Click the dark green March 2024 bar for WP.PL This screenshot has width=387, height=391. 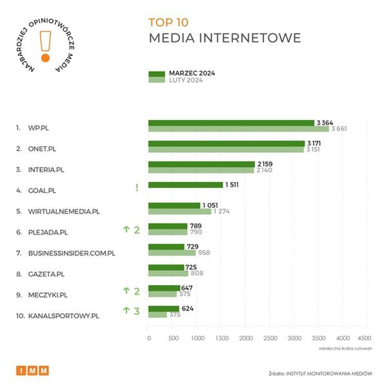click(231, 123)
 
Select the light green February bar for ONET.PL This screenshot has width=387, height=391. click(226, 150)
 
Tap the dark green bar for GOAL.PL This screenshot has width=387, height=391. click(186, 185)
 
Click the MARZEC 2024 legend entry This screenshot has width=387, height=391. click(191, 74)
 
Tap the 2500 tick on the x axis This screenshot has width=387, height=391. click(270, 337)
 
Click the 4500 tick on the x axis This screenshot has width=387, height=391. click(364, 337)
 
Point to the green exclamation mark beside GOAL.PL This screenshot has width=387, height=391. click(137, 188)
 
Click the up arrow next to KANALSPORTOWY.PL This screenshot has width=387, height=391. click(127, 311)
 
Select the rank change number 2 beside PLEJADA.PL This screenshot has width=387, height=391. click(137, 229)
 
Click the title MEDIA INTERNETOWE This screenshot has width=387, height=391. click(224, 38)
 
